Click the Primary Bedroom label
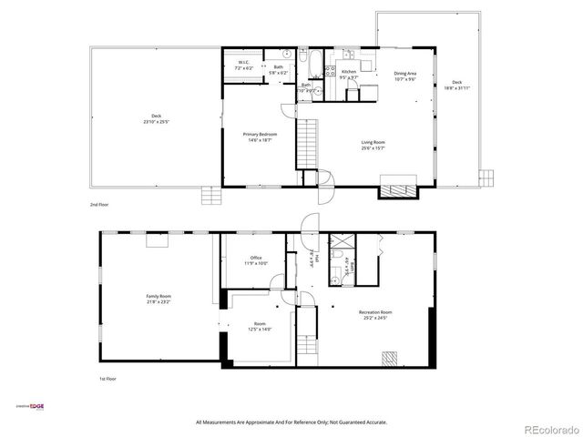[260, 134]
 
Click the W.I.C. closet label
[243, 64]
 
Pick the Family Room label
[159, 296]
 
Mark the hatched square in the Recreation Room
[390, 358]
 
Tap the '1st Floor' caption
[108, 378]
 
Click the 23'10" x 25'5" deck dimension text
[156, 121]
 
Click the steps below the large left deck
[211, 194]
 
